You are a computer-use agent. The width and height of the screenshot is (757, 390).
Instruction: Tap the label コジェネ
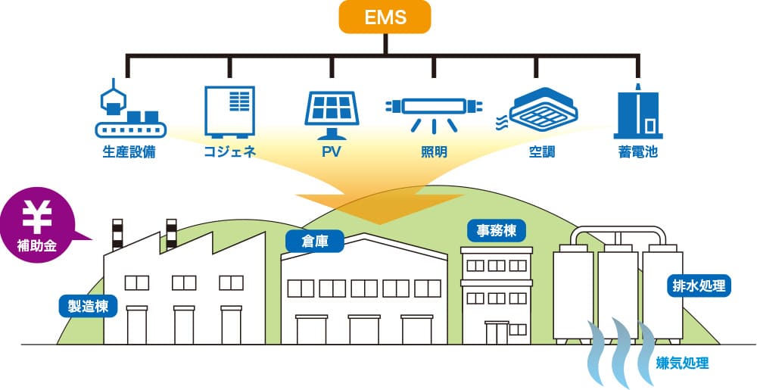230,152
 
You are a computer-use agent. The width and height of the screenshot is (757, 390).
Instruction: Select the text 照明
434,152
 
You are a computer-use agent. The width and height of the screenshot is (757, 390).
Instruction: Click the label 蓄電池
637,152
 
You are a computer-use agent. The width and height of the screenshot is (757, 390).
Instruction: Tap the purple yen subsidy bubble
34,226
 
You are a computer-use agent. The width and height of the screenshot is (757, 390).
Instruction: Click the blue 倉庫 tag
314,242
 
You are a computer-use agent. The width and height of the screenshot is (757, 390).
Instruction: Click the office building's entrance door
497,333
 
